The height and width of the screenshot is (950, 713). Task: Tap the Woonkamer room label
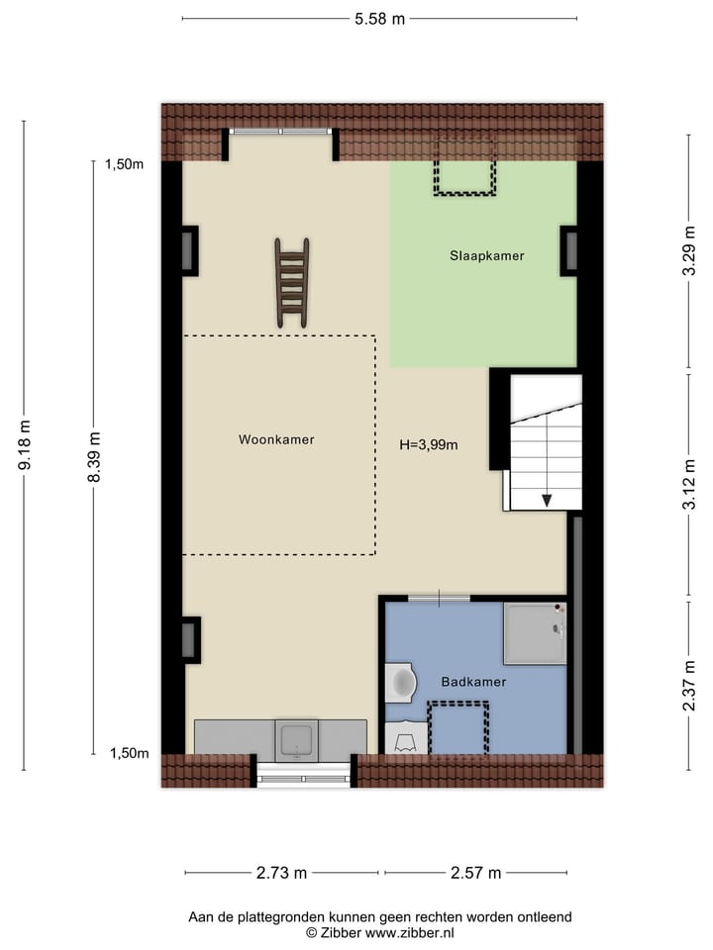(x=276, y=439)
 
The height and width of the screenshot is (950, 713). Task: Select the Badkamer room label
(x=474, y=682)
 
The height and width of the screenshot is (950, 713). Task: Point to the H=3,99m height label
(x=429, y=444)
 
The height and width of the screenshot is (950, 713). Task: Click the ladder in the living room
(x=292, y=282)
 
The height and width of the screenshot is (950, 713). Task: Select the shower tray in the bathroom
(x=534, y=633)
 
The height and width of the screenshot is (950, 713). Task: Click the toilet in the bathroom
(x=400, y=681)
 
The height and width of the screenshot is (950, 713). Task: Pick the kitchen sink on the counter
(x=297, y=739)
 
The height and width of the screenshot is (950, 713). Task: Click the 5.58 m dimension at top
(x=380, y=19)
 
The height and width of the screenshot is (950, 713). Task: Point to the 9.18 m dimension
(x=25, y=444)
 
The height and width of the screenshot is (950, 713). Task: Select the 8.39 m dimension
(x=94, y=457)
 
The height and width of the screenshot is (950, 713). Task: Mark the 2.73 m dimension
(x=281, y=873)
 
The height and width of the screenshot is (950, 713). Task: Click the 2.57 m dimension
(x=476, y=873)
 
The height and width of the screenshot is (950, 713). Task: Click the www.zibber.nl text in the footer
(x=410, y=932)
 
